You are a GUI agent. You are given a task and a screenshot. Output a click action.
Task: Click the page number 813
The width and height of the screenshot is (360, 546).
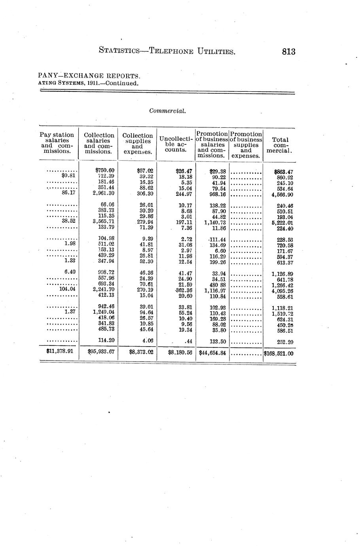tap(289, 51)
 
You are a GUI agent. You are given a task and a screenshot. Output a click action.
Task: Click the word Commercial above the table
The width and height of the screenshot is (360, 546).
tap(167, 111)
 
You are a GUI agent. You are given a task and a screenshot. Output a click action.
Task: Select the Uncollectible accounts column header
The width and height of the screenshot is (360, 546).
tap(176, 144)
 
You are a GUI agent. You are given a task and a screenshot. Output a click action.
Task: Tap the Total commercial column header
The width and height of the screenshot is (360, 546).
tap(280, 145)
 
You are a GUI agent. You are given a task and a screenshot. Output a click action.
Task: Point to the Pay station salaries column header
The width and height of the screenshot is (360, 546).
tap(57, 143)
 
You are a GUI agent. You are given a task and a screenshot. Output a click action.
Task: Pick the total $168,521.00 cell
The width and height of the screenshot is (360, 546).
tap(279, 353)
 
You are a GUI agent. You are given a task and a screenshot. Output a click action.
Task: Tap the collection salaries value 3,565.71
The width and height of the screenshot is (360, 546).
tap(103, 222)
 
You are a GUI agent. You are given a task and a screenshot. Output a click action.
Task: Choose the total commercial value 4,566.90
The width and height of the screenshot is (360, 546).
tap(282, 195)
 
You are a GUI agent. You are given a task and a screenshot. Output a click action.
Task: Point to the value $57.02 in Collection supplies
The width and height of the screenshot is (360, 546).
tap(145, 171)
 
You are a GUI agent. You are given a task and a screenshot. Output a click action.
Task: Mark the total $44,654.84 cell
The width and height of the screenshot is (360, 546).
tap(212, 353)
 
